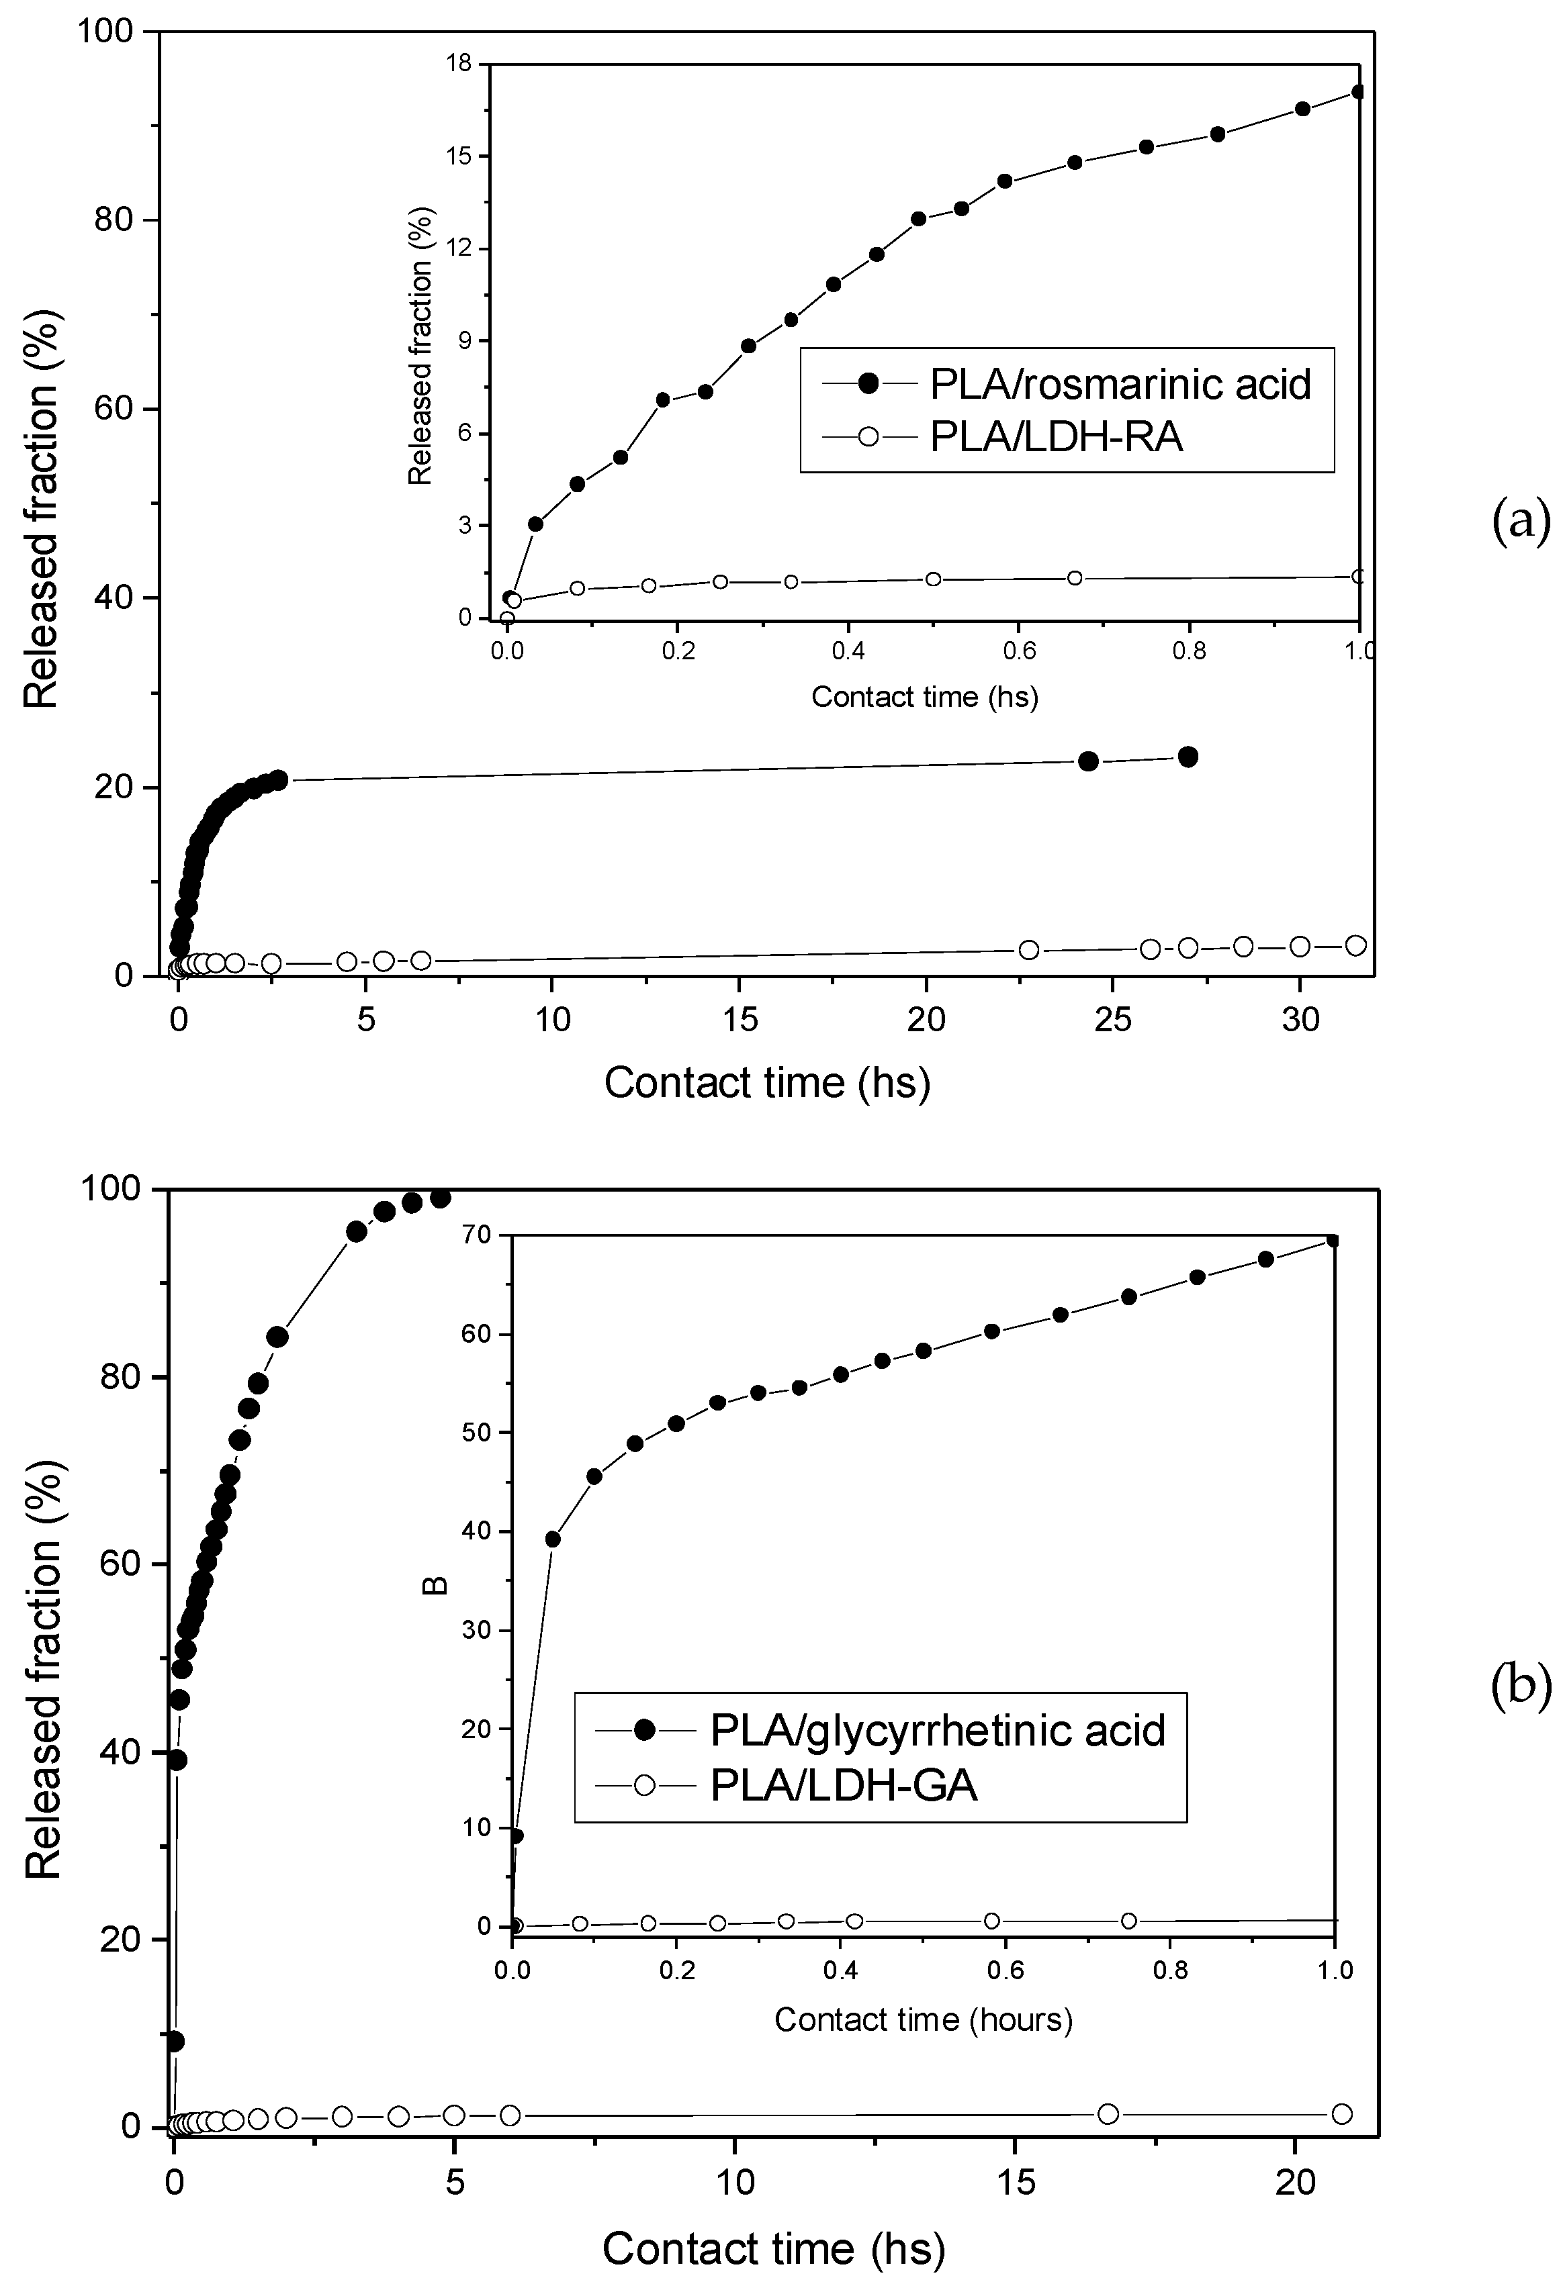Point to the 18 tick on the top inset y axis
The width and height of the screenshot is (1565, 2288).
point(458,64)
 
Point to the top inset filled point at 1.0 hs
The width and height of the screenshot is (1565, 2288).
point(1358,91)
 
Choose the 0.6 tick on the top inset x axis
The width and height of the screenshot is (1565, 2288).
point(1018,653)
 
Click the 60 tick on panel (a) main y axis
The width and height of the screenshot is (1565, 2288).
point(116,410)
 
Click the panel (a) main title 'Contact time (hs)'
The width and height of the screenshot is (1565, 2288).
point(767,1083)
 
